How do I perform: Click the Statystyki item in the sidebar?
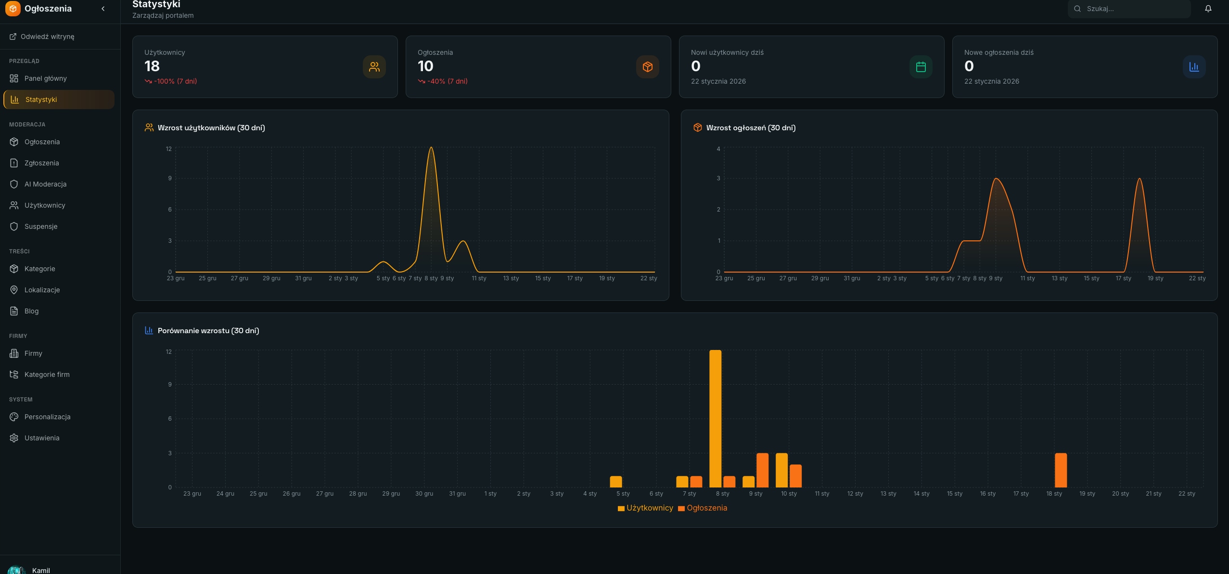59,100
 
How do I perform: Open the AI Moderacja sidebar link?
45,184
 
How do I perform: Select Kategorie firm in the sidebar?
47,374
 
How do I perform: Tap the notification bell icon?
1208,9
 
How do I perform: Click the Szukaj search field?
1129,9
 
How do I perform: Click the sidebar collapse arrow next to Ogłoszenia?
103,9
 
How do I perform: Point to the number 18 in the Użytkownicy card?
152,66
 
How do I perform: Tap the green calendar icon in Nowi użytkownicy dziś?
921,67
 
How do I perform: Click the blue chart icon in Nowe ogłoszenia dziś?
1194,67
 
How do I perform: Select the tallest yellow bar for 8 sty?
715,419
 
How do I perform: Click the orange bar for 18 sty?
1061,470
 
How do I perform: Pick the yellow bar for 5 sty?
616,482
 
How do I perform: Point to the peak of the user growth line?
431,147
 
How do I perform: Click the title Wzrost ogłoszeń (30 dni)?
751,128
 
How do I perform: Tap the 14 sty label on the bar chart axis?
921,494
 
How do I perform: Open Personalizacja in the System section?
47,417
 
